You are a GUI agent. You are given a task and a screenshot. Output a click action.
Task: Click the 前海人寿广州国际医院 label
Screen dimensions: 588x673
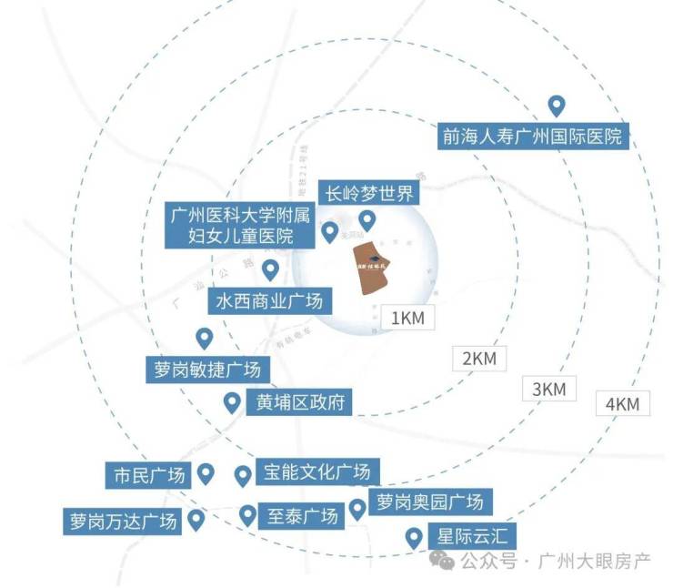tap(533, 137)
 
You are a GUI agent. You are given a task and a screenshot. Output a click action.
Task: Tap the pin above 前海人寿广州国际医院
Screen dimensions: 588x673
tap(555, 106)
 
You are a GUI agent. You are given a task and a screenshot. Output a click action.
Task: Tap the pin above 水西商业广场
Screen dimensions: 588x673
tap(270, 270)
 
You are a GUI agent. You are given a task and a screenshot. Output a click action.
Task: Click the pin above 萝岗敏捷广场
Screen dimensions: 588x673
tap(205, 339)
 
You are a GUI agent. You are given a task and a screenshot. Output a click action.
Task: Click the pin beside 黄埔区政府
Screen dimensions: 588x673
tap(232, 401)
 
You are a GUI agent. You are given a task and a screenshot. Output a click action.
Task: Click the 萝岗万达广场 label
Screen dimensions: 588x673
tap(122, 522)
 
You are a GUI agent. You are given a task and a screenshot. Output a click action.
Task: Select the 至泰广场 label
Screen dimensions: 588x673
tap(300, 516)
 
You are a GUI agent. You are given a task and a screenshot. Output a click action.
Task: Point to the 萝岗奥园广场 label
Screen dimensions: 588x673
tap(427, 501)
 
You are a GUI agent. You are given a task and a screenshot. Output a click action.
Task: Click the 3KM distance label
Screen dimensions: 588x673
tap(548, 389)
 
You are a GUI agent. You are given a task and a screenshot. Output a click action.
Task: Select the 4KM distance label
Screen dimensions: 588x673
tap(623, 403)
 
